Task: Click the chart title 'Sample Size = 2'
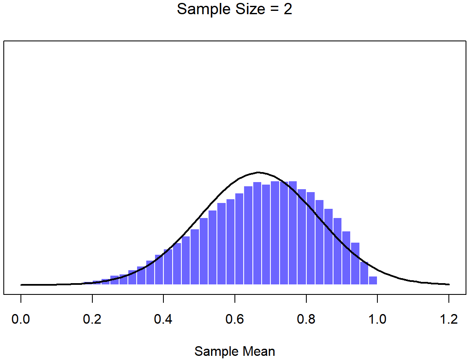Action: [234, 9]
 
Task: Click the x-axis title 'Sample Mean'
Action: [234, 351]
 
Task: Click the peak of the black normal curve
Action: [258, 172]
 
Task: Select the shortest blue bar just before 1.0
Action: [373, 281]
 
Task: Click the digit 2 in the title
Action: [288, 9]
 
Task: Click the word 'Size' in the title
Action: [251, 9]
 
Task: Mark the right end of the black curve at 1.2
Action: [449, 284]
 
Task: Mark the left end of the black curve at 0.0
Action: [21, 285]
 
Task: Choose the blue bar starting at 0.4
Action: [168, 267]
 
